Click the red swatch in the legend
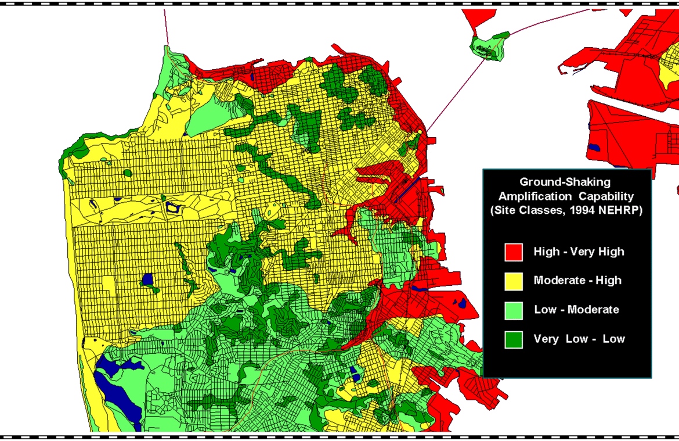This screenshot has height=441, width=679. tap(514, 252)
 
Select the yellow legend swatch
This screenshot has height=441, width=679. tap(514, 281)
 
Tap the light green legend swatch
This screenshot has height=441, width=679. tap(514, 310)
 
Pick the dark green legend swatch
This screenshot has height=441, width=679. tap(514, 339)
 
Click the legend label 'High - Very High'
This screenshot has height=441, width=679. tap(579, 252)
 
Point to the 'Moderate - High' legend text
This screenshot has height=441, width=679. tap(577, 280)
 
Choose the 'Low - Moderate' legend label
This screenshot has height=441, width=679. tap(576, 309)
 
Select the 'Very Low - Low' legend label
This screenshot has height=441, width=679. tap(579, 338)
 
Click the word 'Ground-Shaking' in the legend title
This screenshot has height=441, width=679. tap(565, 182)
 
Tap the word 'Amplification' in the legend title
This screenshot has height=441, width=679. tap(534, 196)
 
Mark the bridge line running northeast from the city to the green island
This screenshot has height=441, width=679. tap(453, 93)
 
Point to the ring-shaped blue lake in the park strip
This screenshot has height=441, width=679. tap(172, 206)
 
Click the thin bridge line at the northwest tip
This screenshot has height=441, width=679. tap(166, 26)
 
